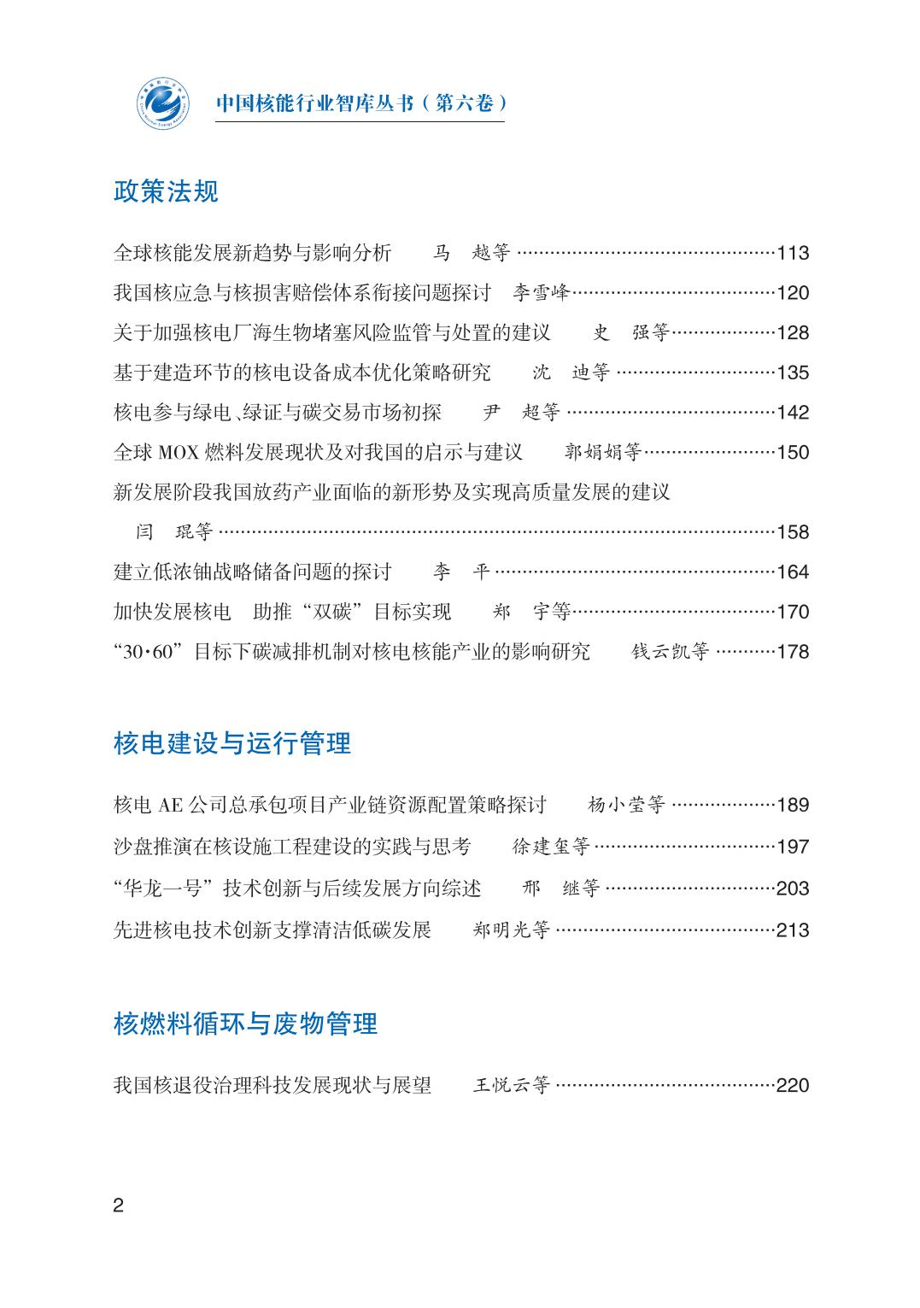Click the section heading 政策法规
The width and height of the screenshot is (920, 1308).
(x=166, y=191)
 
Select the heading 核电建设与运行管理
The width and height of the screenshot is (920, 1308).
(x=232, y=743)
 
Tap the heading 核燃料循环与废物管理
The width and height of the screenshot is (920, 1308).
(x=245, y=1023)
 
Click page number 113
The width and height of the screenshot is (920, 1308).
(x=793, y=253)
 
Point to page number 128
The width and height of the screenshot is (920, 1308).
(x=793, y=332)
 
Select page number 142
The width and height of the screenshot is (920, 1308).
(x=793, y=412)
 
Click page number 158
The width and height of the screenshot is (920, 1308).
(x=793, y=531)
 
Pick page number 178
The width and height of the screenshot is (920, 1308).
(x=793, y=651)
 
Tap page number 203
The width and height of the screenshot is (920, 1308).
(x=793, y=888)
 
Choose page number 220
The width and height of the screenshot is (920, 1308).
(x=793, y=1085)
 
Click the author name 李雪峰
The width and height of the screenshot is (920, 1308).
(x=541, y=293)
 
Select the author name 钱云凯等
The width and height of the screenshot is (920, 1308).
(x=671, y=651)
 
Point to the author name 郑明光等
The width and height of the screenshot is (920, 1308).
(x=512, y=930)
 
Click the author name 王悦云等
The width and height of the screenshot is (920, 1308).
(x=512, y=1085)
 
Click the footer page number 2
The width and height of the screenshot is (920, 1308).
(x=119, y=1205)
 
